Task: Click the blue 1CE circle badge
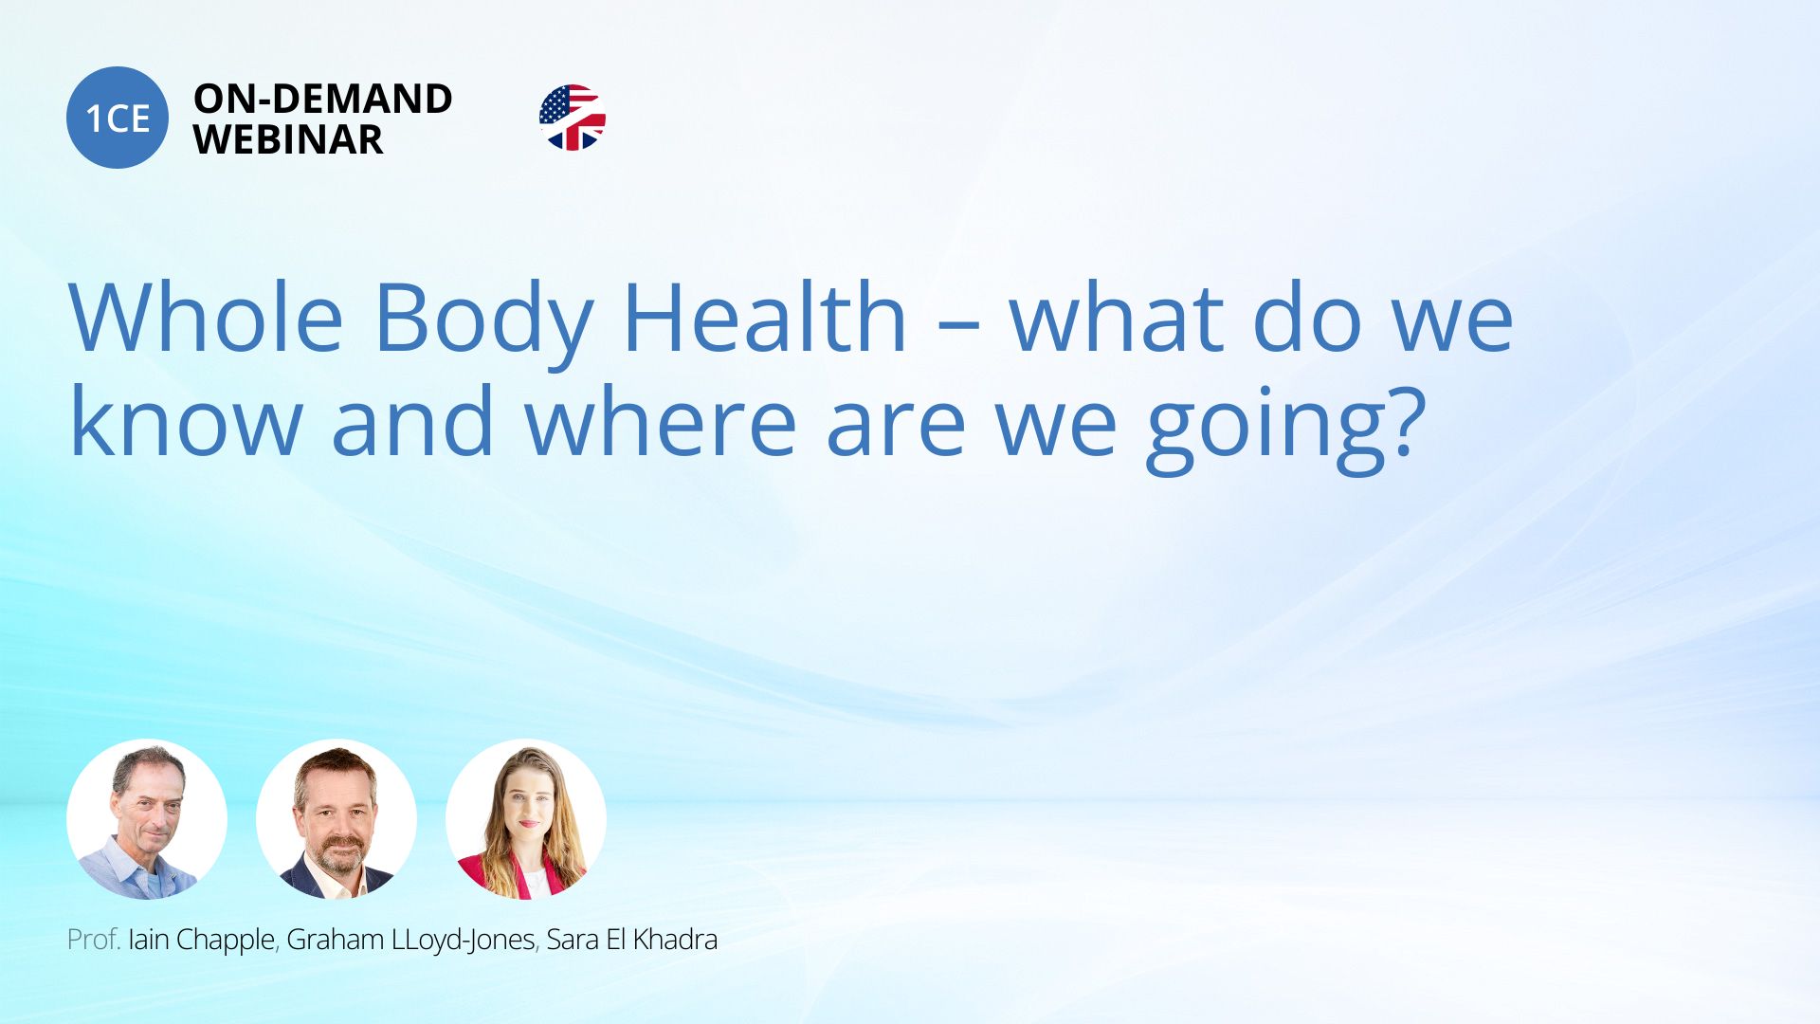[x=118, y=118]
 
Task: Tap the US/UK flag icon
[x=573, y=118]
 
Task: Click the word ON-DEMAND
[x=322, y=99]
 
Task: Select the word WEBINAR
[x=288, y=140]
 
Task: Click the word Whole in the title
[x=206, y=318]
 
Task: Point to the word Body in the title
[x=484, y=322]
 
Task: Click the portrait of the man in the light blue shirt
[x=147, y=819]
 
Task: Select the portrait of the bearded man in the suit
[x=337, y=819]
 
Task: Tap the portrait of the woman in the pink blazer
[x=526, y=819]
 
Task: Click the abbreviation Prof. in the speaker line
[x=94, y=940]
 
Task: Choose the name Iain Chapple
[x=201, y=941]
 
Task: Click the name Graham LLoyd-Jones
[x=411, y=941]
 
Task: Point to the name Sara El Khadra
[x=632, y=940]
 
